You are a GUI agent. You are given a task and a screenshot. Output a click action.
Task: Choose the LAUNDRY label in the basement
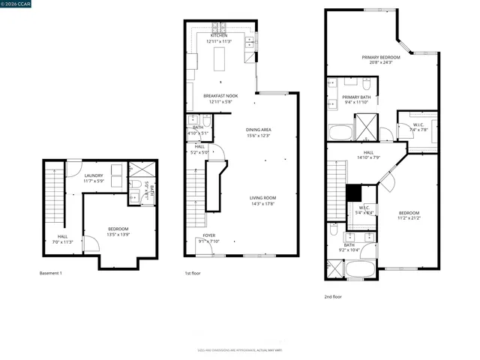pos(93,178)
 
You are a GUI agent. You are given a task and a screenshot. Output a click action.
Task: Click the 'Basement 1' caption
pos(50,273)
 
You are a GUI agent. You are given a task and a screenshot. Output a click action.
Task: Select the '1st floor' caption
pos(193,273)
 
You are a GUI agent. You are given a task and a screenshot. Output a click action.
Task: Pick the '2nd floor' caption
pos(333,296)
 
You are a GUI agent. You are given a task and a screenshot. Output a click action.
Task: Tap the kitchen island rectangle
pos(220,58)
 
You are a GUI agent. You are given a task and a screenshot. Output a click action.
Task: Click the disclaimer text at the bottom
pos(239,349)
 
